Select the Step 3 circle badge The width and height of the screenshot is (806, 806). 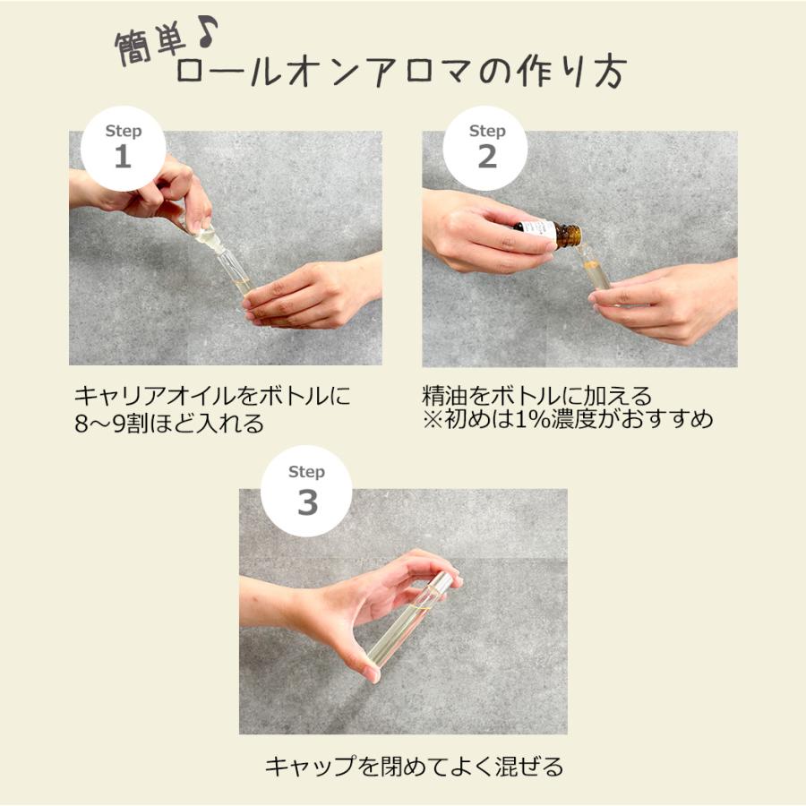306,492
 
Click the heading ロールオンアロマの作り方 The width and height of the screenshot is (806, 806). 399,73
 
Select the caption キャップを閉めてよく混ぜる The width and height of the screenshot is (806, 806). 414,767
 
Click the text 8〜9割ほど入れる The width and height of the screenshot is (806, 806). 170,424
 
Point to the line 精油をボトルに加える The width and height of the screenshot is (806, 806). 536,395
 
